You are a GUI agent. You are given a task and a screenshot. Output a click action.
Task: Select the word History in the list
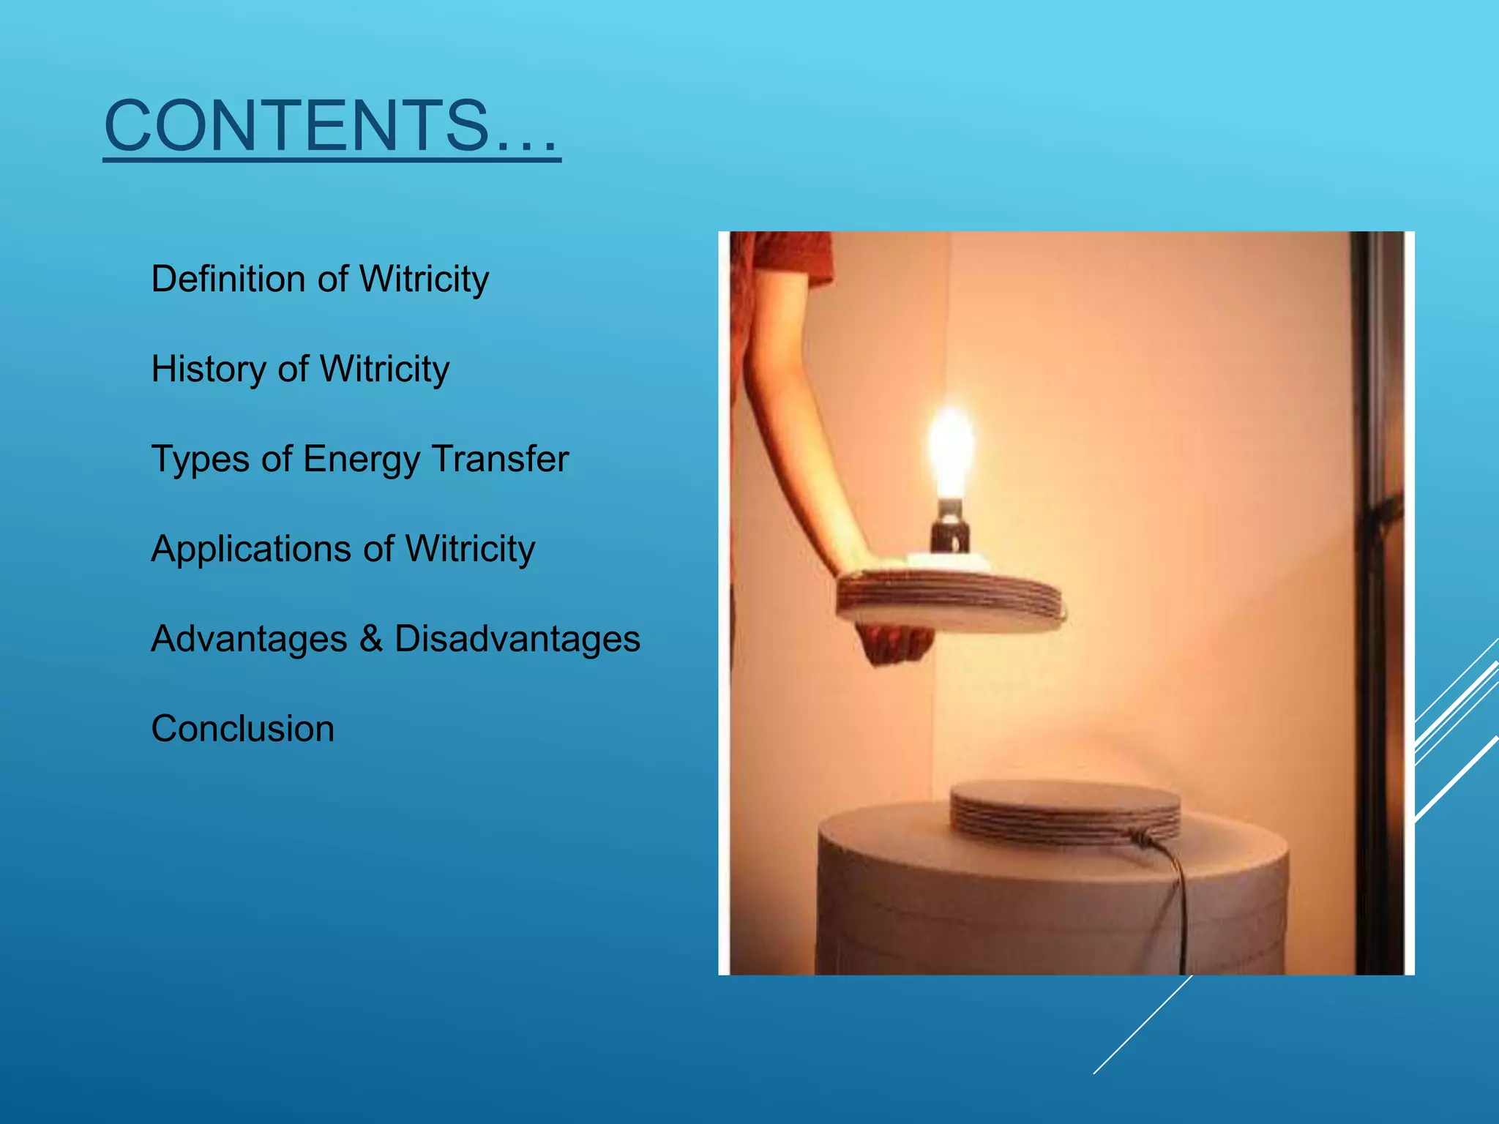208,369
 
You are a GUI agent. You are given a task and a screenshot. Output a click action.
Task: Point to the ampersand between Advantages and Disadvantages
371,638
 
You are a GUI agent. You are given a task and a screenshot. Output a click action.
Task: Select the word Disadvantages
517,638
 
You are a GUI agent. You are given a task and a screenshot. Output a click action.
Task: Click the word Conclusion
242,729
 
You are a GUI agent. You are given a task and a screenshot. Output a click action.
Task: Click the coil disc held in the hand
952,600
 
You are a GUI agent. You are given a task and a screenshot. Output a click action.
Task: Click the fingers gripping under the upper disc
894,644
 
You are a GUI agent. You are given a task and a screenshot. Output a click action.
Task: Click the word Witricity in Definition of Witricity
424,280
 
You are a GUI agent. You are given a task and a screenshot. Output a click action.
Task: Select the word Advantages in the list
249,638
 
